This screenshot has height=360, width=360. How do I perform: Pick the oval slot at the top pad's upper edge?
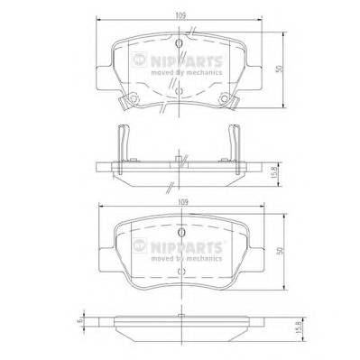pyautogui.click(x=180, y=42)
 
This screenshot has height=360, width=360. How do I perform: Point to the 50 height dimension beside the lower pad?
pyautogui.click(x=282, y=254)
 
